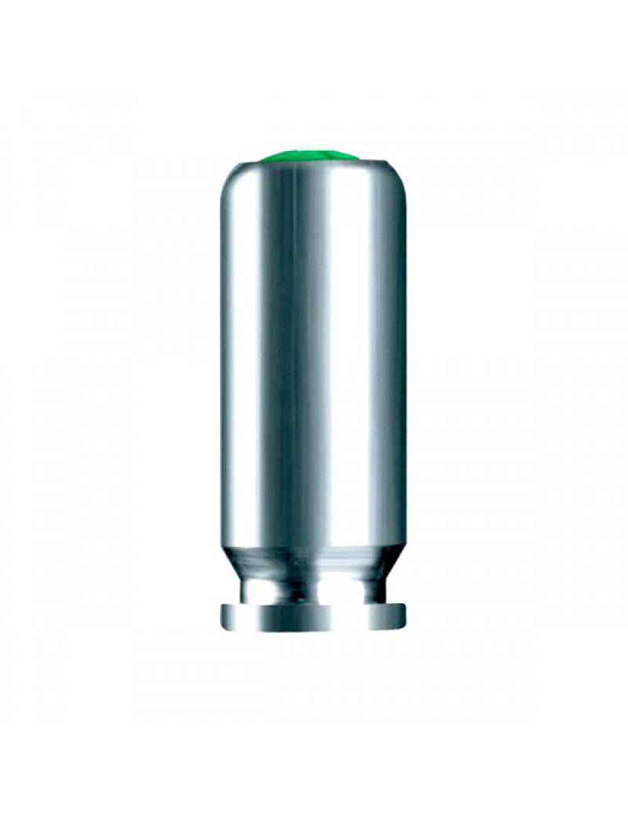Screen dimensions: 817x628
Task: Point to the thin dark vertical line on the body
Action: tap(283, 354)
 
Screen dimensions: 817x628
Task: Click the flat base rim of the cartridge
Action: tap(314, 617)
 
